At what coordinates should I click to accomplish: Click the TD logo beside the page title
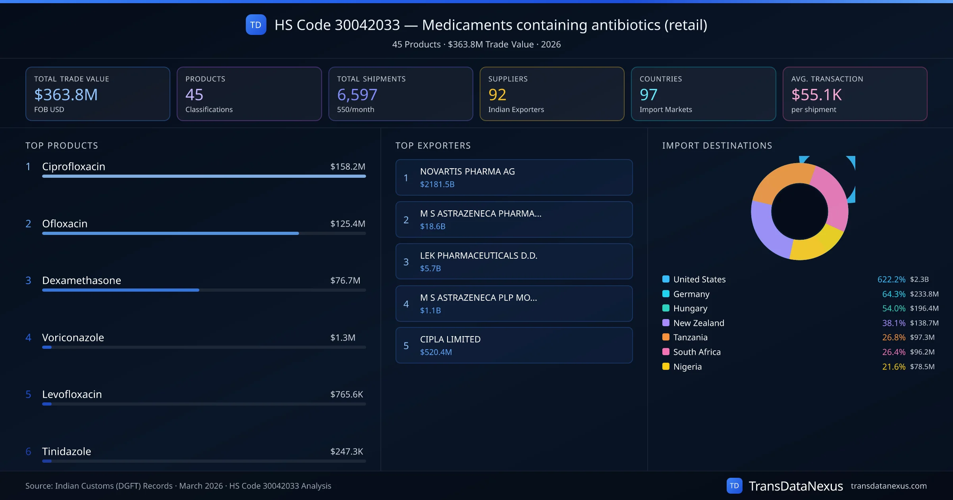(x=256, y=25)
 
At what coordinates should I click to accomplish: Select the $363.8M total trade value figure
(x=66, y=94)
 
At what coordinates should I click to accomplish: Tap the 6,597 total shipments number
(x=357, y=94)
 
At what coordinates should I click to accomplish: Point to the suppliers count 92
(x=497, y=94)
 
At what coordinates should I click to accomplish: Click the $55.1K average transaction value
(x=816, y=94)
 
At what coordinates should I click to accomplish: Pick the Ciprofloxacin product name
(x=73, y=167)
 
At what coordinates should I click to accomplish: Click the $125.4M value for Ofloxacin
(x=347, y=224)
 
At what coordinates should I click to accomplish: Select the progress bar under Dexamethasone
(x=121, y=290)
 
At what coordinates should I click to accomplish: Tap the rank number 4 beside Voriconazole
(x=28, y=338)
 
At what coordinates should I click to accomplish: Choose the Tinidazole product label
(x=66, y=452)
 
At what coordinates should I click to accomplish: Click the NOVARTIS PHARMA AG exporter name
(x=467, y=171)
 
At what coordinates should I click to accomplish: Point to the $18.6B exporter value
(x=432, y=226)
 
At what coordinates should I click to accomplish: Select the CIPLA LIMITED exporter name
(x=450, y=339)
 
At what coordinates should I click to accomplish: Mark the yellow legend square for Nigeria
(x=666, y=366)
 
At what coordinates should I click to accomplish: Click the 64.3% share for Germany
(x=893, y=294)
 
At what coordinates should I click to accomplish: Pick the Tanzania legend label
(x=690, y=337)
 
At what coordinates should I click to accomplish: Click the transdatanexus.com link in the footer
(x=888, y=486)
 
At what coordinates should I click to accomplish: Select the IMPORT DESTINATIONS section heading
(x=717, y=146)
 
